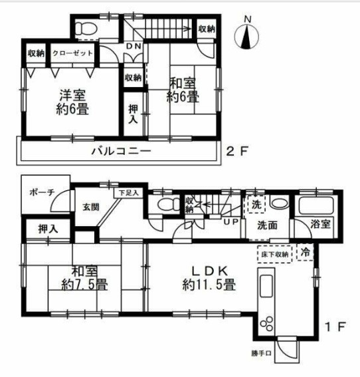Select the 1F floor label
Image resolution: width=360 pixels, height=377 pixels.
[x=336, y=328]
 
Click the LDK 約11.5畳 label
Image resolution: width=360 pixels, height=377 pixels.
[x=209, y=279]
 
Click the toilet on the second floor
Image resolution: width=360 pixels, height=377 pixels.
[x=86, y=28]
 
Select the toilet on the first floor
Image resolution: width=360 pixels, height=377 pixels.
[x=163, y=205]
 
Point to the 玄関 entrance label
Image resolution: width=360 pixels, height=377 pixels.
[x=91, y=207]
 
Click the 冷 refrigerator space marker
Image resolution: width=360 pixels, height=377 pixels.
[x=306, y=252]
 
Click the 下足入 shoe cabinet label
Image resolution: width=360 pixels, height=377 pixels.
[x=129, y=193]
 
